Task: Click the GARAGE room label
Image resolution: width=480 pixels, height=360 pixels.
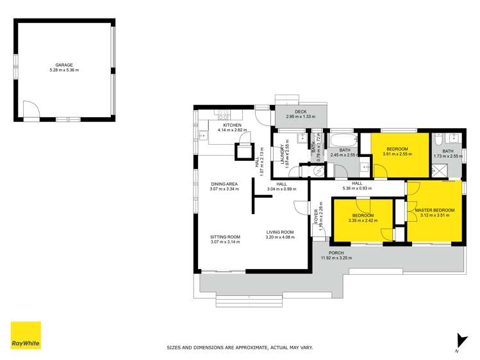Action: [x=63, y=65]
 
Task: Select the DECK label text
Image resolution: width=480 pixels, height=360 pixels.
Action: [x=301, y=111]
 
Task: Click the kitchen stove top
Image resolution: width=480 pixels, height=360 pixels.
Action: [x=223, y=116]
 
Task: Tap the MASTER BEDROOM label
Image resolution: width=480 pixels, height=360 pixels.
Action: [x=434, y=210]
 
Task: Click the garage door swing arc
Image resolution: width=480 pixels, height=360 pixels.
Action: [x=30, y=110]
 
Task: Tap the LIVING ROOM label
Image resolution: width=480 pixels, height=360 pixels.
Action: [x=279, y=232]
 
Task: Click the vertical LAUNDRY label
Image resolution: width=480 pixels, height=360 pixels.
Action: [x=282, y=154]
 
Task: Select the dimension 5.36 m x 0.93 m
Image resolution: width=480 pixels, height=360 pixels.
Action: [x=357, y=189]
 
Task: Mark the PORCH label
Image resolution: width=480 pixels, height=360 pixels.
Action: [x=336, y=253]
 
